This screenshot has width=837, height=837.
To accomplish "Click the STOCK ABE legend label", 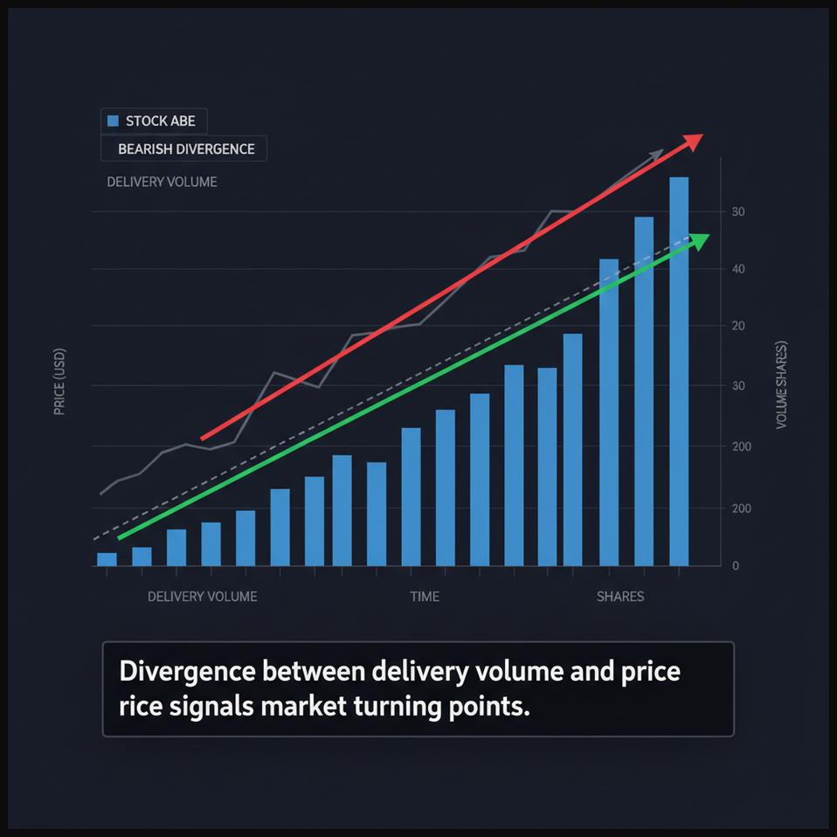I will pyautogui.click(x=160, y=121).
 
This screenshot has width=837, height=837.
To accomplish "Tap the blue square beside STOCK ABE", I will pyautogui.click(x=112, y=121).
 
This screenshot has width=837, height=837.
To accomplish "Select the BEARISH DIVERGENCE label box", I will pyautogui.click(x=185, y=149).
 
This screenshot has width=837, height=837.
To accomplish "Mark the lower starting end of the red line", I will pyautogui.click(x=204, y=438).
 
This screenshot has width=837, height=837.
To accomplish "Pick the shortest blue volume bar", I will pyautogui.click(x=107, y=559).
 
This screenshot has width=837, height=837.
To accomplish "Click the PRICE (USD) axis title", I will pyautogui.click(x=59, y=382).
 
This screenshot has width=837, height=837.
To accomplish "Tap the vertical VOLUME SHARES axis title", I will pyautogui.click(x=781, y=384).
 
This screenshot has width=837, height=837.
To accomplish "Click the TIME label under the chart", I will pyautogui.click(x=425, y=597).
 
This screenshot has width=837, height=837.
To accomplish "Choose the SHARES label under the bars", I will pyautogui.click(x=619, y=597).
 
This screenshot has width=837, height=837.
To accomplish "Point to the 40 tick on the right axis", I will pyautogui.click(x=738, y=269).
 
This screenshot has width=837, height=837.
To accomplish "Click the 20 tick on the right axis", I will pyautogui.click(x=738, y=326).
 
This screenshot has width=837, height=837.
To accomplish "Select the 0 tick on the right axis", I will pyautogui.click(x=736, y=566).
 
